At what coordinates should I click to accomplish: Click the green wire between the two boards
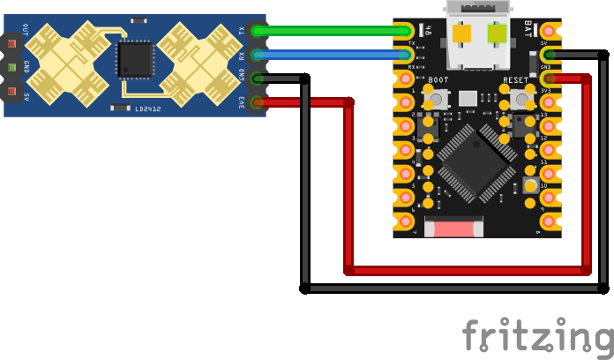click(335, 32)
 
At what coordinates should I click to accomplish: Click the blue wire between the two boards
click(335, 56)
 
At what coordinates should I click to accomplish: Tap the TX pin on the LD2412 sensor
click(257, 32)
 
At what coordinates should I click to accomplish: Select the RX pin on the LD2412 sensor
click(257, 56)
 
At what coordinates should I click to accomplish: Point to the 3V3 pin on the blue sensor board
click(257, 103)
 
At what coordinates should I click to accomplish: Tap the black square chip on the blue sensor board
click(135, 60)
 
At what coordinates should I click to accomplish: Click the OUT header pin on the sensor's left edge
click(11, 42)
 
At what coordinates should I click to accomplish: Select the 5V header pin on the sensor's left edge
click(11, 91)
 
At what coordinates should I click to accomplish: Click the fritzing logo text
click(537, 337)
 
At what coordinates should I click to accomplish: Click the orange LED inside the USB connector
click(462, 34)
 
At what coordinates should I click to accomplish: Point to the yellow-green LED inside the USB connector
click(496, 34)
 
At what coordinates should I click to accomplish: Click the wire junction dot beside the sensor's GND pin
click(304, 79)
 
